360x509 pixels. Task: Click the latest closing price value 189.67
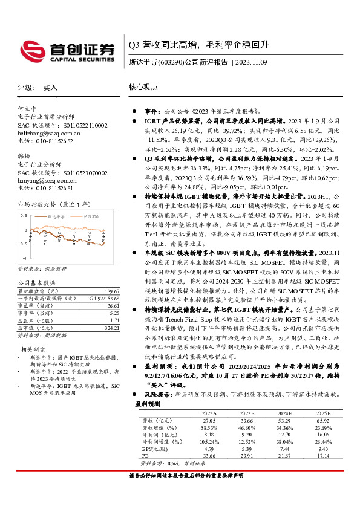[x=111, y=291]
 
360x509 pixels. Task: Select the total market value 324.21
[x=111, y=329]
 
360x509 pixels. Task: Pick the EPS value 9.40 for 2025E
[x=323, y=450]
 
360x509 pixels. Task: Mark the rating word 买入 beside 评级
[x=50, y=88]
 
